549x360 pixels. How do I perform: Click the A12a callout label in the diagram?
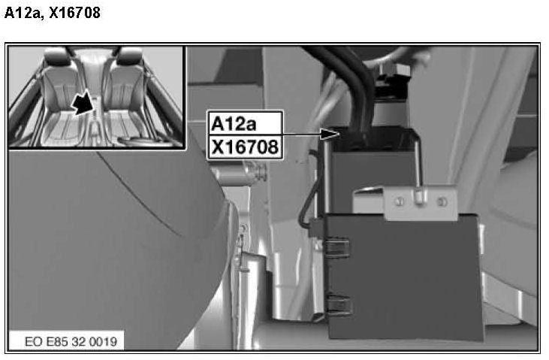234,124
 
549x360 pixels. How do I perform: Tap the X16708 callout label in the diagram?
245,147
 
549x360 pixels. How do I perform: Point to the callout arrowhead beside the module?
330,134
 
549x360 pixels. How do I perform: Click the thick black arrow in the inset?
83,102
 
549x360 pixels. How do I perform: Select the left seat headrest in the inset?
56,56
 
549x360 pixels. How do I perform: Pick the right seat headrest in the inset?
128,56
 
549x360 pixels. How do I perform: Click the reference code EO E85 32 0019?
71,341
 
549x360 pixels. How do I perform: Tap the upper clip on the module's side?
336,248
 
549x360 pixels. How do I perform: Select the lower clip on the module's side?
338,304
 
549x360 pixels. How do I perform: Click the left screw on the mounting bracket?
400,201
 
